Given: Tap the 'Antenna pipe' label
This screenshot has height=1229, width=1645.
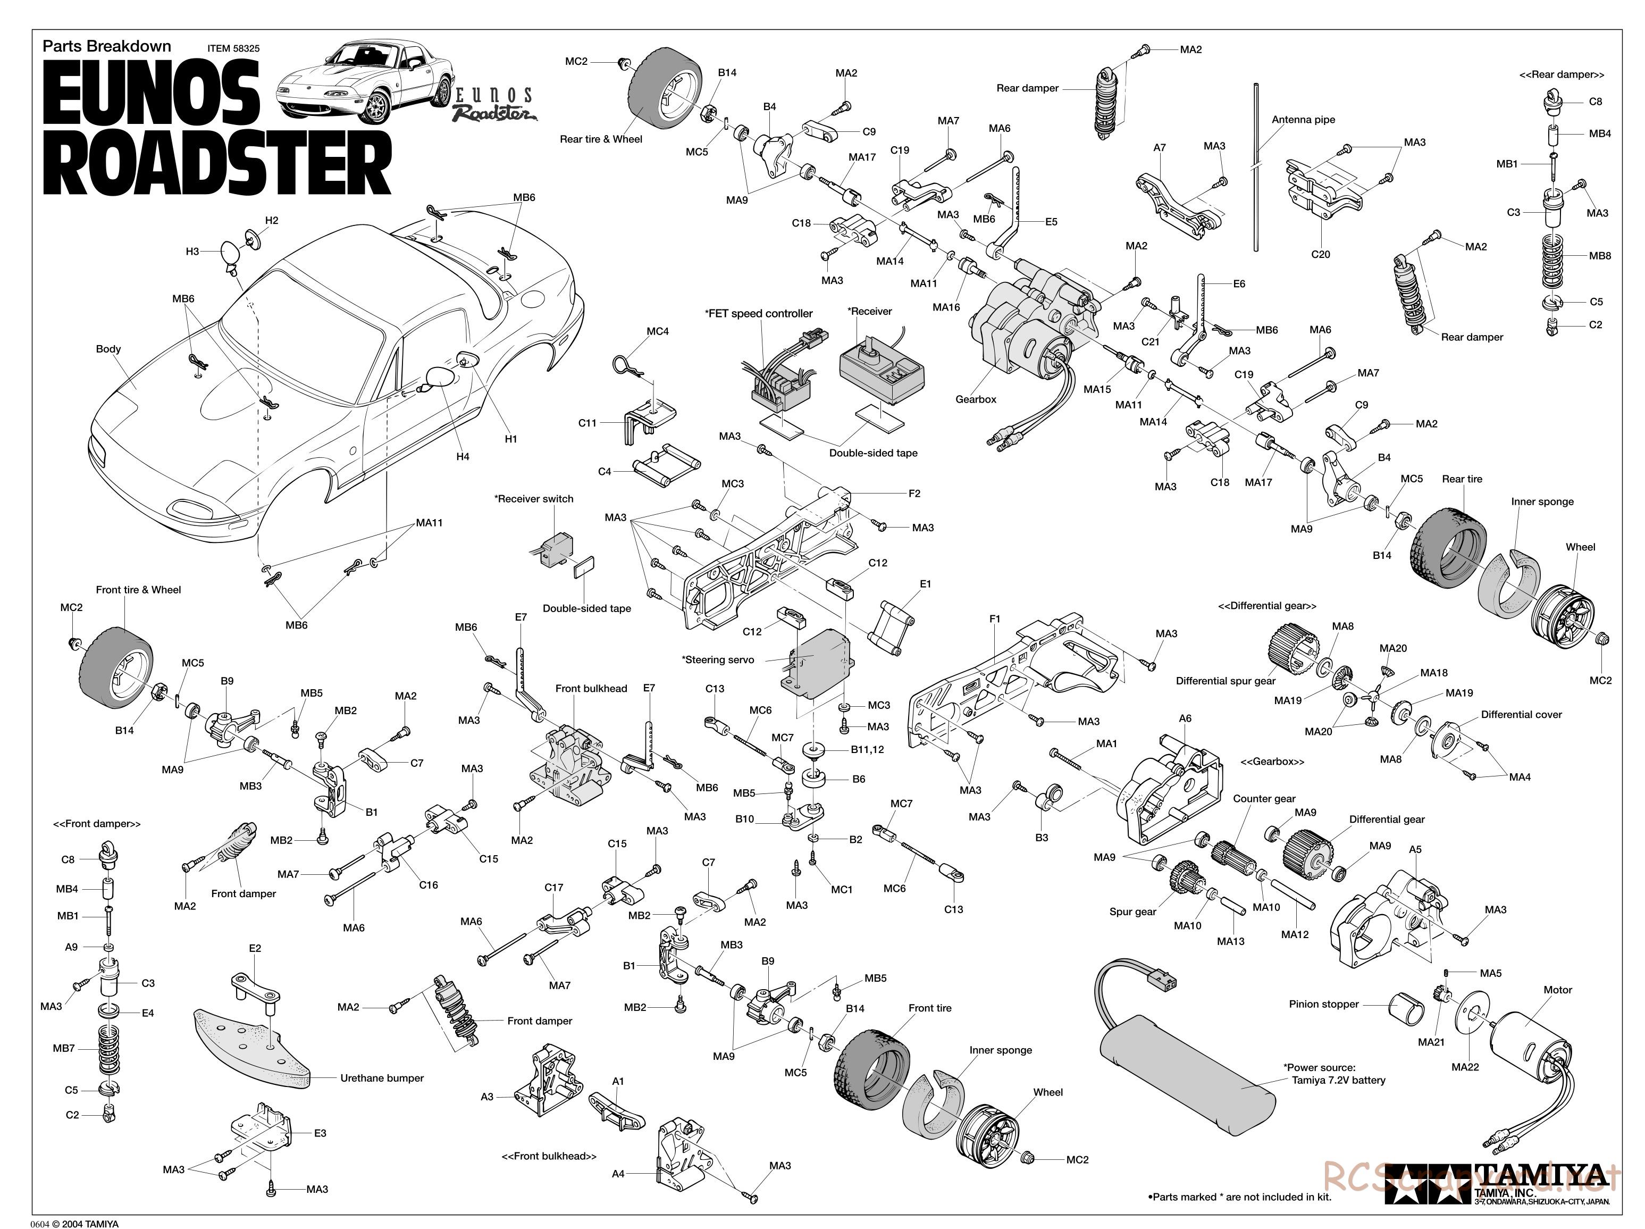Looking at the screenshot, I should (x=1303, y=120).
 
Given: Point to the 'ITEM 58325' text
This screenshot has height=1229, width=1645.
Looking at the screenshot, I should (x=233, y=48).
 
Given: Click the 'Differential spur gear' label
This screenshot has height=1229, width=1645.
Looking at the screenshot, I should (x=1225, y=681).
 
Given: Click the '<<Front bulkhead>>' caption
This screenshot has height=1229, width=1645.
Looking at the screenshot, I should (x=549, y=1156).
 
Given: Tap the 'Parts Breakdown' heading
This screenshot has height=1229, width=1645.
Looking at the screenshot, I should (x=106, y=46).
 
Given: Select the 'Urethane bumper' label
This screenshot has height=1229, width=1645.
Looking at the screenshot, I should (x=382, y=1078).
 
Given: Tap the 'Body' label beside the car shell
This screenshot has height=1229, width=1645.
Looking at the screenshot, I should (x=108, y=349).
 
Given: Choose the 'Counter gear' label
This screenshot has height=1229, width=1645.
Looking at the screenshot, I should (x=1264, y=799).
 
